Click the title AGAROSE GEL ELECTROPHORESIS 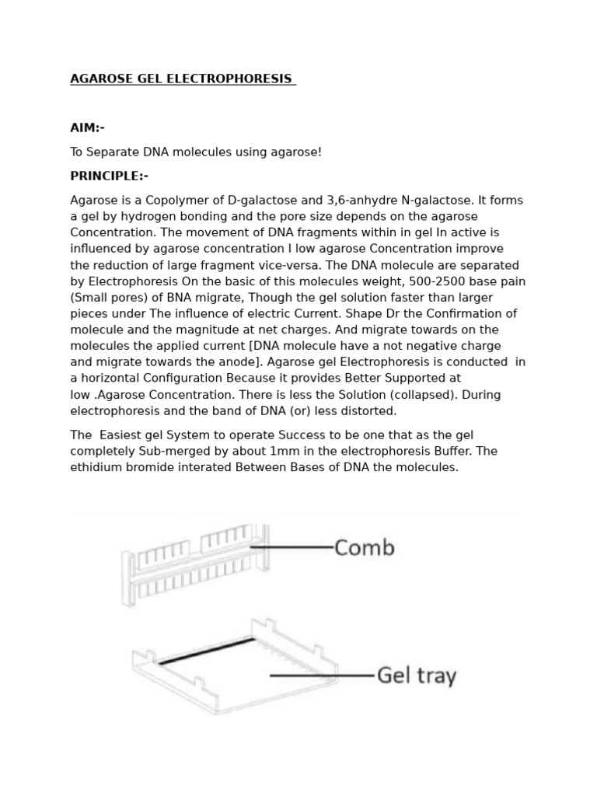[x=182, y=79]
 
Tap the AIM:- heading [x=87, y=127]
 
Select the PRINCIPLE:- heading [x=109, y=176]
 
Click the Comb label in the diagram [x=364, y=548]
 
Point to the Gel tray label [x=416, y=676]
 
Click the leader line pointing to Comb [x=292, y=547]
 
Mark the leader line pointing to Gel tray [x=321, y=676]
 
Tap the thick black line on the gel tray [x=206, y=651]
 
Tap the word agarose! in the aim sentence [x=298, y=152]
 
